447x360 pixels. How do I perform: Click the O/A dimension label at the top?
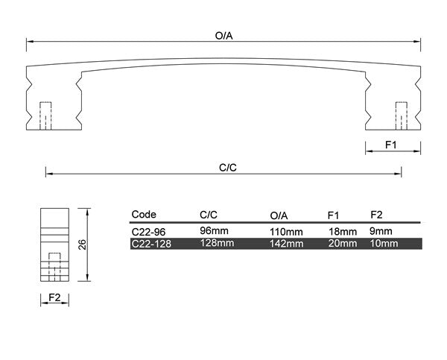click(224, 35)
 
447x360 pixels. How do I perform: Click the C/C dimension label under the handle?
click(228, 168)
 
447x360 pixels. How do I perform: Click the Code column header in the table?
click(144, 215)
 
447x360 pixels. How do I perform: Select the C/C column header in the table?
click(209, 215)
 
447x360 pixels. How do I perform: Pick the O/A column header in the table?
click(279, 215)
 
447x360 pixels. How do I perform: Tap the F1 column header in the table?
click(334, 215)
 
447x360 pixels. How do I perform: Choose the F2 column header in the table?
click(376, 215)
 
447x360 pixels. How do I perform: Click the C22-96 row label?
click(147, 231)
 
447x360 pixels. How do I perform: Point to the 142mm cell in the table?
click(286, 243)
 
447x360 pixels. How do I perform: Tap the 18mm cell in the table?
click(343, 231)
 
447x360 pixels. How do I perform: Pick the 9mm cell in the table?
click(381, 231)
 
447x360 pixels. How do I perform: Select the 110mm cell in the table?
click(286, 231)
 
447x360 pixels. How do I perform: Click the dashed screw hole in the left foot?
click(45, 114)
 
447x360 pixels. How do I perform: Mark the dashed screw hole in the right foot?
click(402, 114)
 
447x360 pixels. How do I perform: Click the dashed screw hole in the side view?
click(54, 267)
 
